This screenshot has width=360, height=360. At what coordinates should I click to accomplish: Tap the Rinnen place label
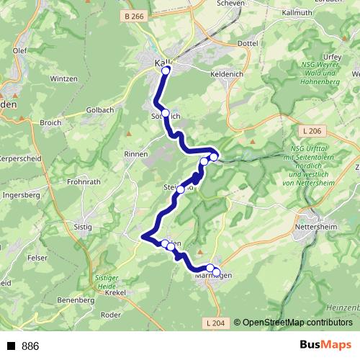coord(135,154)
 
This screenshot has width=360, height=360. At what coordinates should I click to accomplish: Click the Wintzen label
coord(63,78)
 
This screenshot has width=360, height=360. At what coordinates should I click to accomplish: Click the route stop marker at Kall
coord(166,71)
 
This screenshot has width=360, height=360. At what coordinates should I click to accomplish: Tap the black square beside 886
coord(12,346)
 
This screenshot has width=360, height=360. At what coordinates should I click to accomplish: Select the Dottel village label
coord(247,43)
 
